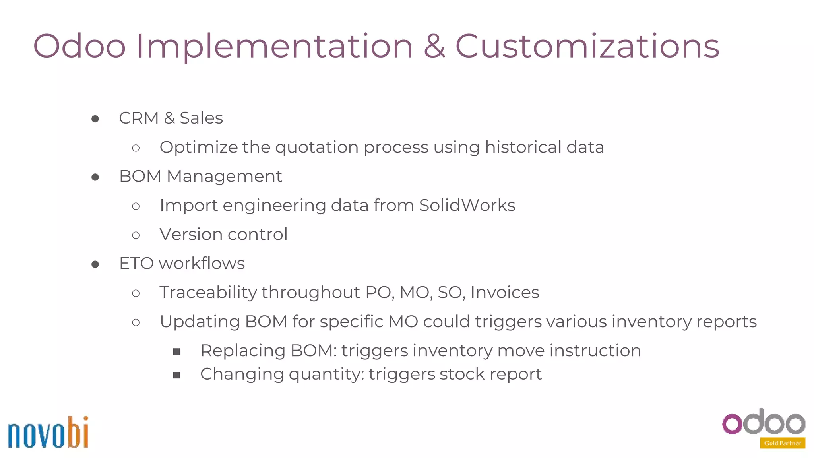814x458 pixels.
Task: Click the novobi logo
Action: coord(48,433)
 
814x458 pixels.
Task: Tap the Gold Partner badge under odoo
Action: coord(782,443)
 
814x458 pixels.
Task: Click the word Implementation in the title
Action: coord(274,47)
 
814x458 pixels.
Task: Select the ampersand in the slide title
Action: coord(434,47)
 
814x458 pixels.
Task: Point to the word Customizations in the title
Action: coord(587,47)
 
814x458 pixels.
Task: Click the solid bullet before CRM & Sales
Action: coord(95,119)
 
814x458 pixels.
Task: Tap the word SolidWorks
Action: coord(467,206)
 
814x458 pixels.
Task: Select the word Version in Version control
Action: coord(191,235)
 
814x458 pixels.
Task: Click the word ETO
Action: coord(136,264)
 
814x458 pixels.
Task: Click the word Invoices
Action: coord(505,293)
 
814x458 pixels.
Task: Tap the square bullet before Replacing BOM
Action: coord(177,351)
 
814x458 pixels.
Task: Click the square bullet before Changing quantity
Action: coord(177,375)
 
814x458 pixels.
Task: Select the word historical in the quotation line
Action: coord(523,147)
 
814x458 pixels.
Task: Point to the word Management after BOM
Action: coord(224,177)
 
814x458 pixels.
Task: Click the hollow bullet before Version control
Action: coord(136,235)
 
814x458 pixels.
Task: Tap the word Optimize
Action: coord(198,147)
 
